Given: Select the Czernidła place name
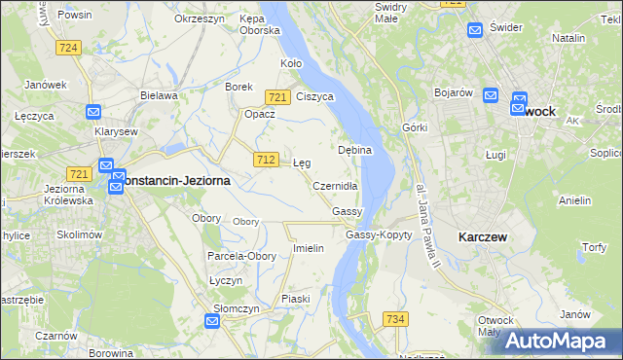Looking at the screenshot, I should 336,185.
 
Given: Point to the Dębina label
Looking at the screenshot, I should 355,151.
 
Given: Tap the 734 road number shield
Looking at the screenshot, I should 395,319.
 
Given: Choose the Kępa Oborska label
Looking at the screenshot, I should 260,24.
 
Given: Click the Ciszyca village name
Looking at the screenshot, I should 315,96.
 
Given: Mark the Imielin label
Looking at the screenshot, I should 308,248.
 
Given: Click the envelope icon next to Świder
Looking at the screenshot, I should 474,30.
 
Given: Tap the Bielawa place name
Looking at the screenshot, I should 158,95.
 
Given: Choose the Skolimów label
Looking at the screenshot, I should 79,234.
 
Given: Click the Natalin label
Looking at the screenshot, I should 568,37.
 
